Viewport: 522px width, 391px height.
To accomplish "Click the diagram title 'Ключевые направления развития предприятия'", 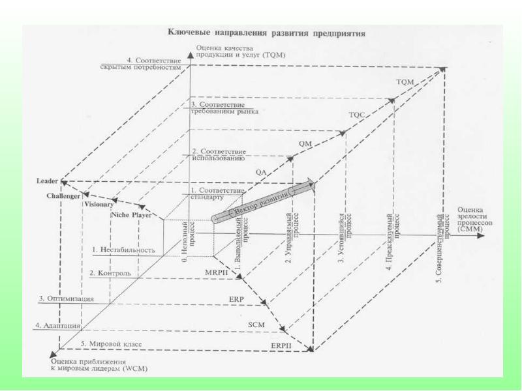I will pos(266,31).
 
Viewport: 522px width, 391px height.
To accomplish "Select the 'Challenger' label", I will pos(63,195).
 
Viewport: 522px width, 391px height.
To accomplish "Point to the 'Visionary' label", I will pos(98,204).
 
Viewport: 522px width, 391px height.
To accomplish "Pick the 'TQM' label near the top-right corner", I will pos(405,81).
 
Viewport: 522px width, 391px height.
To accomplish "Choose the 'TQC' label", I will pos(357,114).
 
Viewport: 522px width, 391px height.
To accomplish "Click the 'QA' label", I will pos(261,171).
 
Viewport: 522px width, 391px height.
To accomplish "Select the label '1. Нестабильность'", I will pos(123,250).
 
